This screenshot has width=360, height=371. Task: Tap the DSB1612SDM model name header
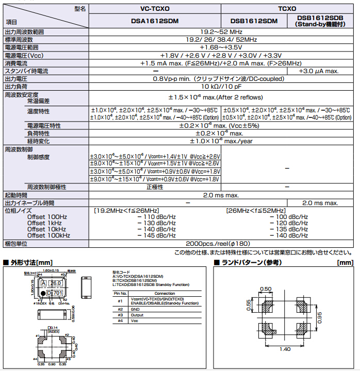pyautogui.click(x=254, y=21)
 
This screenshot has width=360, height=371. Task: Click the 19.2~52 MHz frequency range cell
pyautogui.click(x=221, y=32)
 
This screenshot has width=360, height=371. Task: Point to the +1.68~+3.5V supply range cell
pyautogui.click(x=221, y=47)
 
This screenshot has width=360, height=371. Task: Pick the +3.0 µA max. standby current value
pyautogui.click(x=319, y=71)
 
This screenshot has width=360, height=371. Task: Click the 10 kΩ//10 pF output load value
pyautogui.click(x=221, y=87)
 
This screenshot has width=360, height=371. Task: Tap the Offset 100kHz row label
pyautogui.click(x=48, y=235)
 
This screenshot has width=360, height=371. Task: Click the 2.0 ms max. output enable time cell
pyautogui.click(x=319, y=203)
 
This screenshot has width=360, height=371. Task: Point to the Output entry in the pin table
pyautogui.click(x=138, y=314)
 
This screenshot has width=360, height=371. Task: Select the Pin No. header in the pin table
pyautogui.click(x=120, y=293)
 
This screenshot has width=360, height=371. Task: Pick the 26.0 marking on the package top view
pyautogui.click(x=56, y=283)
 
